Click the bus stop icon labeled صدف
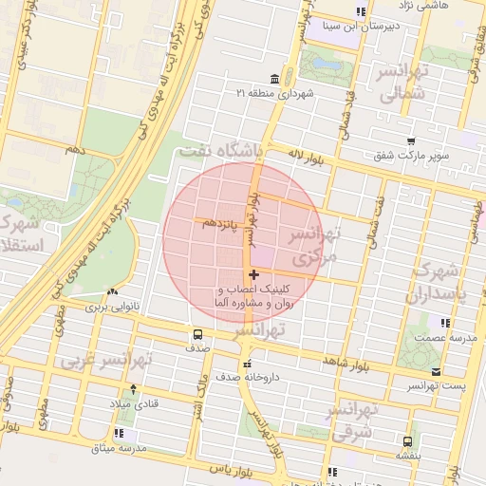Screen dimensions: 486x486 coord(197,334)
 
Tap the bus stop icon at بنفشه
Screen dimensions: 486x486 coord(408,441)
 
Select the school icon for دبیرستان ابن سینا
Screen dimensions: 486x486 coord(360,11)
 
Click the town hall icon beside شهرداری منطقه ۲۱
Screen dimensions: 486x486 coord(275,78)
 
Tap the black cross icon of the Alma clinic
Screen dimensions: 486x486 coord(252,274)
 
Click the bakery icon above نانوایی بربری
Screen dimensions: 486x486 coord(113,292)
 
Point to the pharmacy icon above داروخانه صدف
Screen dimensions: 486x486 coord(246,363)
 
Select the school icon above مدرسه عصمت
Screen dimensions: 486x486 coord(433,322)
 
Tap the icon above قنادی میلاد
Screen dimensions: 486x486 coord(132,389)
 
